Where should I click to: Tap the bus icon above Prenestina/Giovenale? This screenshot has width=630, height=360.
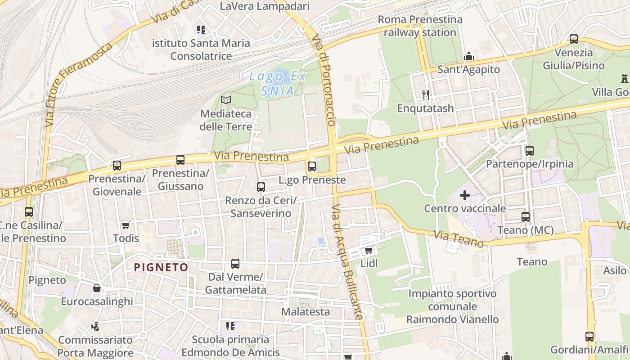pos(117,166)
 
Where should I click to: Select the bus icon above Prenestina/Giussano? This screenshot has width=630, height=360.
pos(180,160)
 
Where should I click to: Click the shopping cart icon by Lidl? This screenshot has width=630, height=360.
pos(369,250)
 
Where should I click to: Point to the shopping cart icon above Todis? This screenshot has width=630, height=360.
pos(126,225)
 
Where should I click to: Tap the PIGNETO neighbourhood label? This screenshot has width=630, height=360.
pos(161,267)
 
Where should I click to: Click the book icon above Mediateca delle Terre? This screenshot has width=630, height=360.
pos(226,100)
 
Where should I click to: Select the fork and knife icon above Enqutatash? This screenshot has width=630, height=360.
pos(426,94)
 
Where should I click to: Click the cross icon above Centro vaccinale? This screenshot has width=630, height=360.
pos(465,195)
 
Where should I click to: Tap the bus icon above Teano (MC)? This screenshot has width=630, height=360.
pos(526,217)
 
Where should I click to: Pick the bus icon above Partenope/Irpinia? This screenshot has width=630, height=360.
pos(530,150)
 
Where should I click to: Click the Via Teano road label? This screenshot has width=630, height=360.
pos(459,238)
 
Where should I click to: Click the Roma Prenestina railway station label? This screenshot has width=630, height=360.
pos(420,26)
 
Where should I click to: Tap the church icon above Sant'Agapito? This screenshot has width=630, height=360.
pos(469,56)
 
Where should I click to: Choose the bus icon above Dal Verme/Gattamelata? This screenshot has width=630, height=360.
pos(235,264)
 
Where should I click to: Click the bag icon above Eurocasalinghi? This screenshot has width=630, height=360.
pos(97,288)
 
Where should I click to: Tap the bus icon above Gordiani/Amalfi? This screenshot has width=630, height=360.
pos(589,336)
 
